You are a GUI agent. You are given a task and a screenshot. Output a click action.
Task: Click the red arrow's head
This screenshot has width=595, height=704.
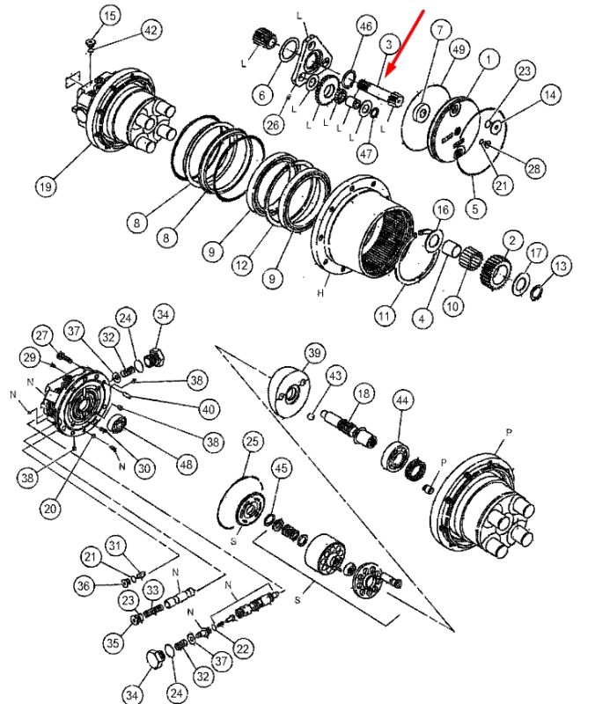tap(390, 68)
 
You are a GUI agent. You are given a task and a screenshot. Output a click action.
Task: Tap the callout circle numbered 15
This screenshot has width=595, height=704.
tap(109, 17)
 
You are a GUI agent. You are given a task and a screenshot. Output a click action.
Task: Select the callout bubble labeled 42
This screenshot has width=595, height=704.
tap(151, 31)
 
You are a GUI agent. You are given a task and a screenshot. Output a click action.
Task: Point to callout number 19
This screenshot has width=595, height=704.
tap(46, 186)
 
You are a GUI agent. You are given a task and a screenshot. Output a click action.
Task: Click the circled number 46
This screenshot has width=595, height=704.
tap(366, 26)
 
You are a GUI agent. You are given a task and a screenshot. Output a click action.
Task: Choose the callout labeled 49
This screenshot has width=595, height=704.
tap(459, 49)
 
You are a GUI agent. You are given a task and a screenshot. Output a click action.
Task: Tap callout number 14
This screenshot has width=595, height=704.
tap(549, 95)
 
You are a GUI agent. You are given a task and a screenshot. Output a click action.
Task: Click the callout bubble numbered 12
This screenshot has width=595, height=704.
tap(242, 266)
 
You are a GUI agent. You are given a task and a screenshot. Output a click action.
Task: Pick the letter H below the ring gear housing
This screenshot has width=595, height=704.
tap(320, 293)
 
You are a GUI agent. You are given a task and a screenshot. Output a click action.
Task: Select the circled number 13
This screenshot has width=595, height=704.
tap(561, 266)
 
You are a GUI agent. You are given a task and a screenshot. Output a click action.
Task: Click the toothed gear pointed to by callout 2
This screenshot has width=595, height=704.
tap(496, 272)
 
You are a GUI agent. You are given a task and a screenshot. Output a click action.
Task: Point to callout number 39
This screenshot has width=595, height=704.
tap(314, 354)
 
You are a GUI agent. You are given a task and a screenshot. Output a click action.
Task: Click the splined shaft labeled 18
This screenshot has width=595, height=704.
tap(349, 428)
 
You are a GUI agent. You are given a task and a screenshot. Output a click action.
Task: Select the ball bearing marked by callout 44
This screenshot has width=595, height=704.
tap(395, 457)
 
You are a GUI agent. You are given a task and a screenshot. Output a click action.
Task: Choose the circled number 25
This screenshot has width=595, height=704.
tap(253, 442)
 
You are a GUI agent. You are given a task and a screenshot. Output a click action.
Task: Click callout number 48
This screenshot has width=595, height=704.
tap(186, 465)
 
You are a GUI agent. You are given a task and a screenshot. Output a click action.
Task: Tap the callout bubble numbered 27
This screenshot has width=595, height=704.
tap(42, 335)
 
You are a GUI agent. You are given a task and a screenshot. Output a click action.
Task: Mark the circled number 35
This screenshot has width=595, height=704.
tap(113, 642)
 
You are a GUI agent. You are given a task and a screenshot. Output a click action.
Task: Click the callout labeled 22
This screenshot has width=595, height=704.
tap(243, 649)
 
